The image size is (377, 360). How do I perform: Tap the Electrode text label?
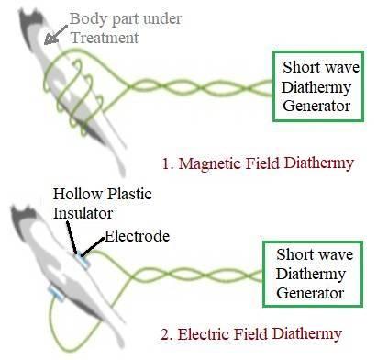coord(137,236)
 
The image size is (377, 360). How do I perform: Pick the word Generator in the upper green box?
coord(315,106)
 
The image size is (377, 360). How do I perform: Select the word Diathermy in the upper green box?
coord(315,85)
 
